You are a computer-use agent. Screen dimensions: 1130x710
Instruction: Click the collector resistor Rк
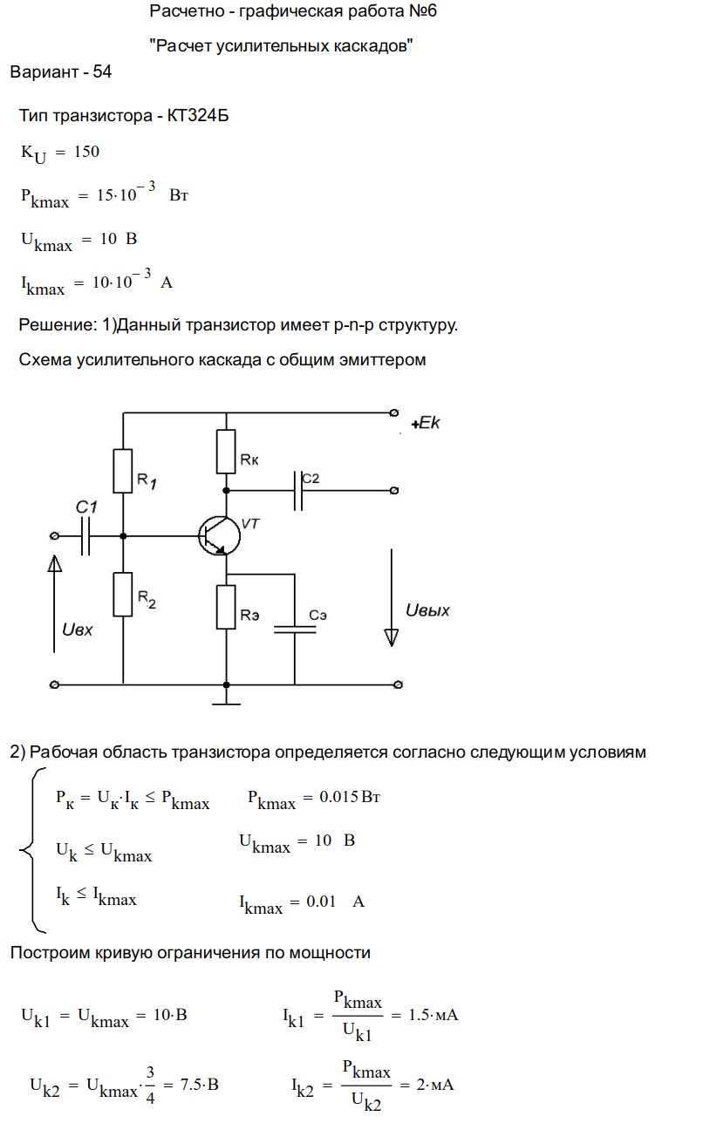227,453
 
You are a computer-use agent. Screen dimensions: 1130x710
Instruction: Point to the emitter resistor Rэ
227,607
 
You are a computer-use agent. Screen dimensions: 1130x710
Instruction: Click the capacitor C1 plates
85,535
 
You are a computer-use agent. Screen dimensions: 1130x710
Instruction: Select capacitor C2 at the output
298,491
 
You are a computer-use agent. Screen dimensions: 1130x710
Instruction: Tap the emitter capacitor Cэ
295,629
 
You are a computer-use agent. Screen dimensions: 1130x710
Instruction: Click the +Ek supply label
427,425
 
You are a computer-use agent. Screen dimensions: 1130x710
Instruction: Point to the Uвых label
427,610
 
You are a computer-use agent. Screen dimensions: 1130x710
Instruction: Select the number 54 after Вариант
101,72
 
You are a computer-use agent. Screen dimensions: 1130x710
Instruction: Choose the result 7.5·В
199,1085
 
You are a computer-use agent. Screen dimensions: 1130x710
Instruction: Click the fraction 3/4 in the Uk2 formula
150,1085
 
